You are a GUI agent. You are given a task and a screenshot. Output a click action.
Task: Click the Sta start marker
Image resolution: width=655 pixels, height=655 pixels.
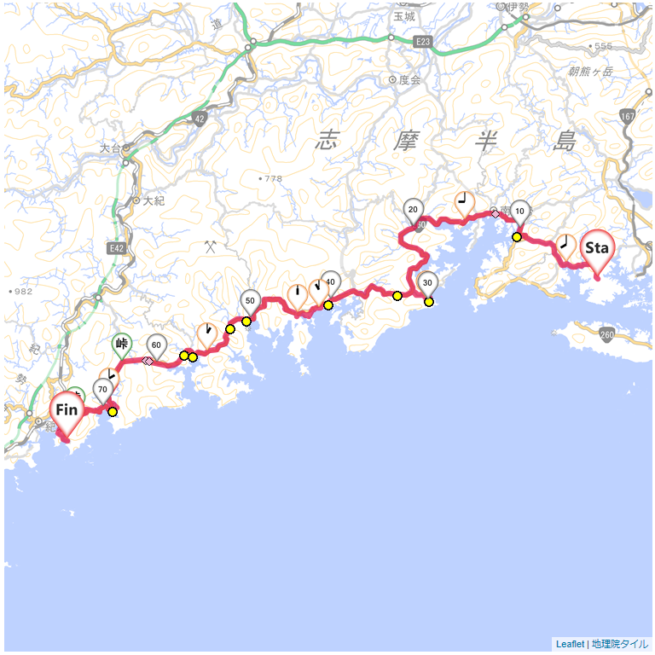click(596, 248)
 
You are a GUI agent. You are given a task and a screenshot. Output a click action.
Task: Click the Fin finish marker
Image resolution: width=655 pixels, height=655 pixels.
click(67, 410)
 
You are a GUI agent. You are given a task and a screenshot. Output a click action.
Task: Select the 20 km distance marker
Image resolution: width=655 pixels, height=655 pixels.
click(413, 210)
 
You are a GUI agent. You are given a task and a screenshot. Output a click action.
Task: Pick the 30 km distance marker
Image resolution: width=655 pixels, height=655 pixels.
click(428, 282)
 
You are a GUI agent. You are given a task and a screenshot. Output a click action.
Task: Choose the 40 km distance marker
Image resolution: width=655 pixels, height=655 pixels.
click(331, 282)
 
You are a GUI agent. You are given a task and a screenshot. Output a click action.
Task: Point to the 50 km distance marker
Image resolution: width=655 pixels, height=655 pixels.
click(250, 300)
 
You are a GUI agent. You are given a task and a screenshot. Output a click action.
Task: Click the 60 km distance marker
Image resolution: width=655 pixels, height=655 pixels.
click(156, 345)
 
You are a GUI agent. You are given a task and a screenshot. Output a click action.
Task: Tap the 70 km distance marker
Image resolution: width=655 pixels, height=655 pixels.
click(103, 391)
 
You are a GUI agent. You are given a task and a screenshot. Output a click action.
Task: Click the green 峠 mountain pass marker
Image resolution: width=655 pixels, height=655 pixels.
click(121, 344)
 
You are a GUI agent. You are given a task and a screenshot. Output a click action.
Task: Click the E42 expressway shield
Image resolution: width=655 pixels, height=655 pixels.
click(117, 248)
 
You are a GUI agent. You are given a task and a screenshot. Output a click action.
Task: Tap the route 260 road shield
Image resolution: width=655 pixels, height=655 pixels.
click(606, 335)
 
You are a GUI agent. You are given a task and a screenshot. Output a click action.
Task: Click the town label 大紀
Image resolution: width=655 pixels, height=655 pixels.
click(154, 201)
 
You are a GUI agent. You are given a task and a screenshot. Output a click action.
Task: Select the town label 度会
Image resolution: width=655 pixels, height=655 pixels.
click(409, 80)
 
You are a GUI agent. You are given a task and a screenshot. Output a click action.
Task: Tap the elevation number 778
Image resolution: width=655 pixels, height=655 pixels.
click(272, 178)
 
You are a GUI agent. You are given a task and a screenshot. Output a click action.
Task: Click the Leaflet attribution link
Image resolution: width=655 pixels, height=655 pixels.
click(570, 644)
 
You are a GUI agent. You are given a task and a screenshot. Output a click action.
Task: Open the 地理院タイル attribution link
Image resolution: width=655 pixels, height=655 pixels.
click(620, 644)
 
